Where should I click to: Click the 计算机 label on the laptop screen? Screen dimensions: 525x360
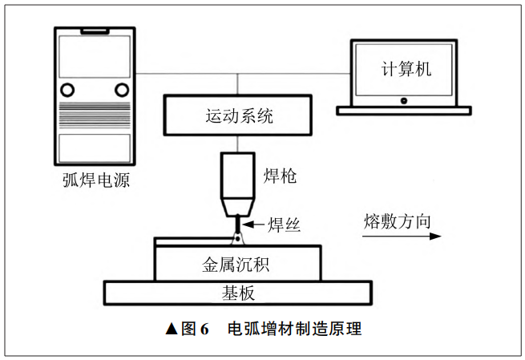click(406, 69)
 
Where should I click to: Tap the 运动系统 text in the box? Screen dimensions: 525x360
click(239, 116)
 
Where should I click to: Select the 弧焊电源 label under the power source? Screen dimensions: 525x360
click(96, 180)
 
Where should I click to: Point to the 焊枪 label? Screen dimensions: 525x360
click(280, 176)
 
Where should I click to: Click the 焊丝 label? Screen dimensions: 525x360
click(284, 224)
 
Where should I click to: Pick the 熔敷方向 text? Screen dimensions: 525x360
click(397, 221)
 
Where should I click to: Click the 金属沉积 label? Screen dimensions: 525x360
click(236, 265)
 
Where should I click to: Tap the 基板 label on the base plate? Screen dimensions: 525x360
click(238, 293)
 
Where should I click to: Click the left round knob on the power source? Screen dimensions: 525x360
click(67, 90)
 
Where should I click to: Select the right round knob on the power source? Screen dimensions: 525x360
click(122, 90)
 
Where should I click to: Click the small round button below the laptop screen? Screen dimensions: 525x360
click(404, 100)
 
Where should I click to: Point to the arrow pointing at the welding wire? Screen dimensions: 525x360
click(253, 224)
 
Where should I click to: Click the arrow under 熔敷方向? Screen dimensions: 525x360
click(402, 237)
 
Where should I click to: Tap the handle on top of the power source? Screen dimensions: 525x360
click(95, 31)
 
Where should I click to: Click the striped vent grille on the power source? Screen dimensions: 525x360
click(95, 115)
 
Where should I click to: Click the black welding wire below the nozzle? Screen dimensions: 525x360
click(237, 224)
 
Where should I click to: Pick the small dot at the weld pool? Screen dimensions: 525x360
click(237, 239)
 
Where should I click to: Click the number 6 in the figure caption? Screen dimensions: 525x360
click(204, 330)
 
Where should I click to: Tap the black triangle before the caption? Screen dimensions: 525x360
click(172, 329)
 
